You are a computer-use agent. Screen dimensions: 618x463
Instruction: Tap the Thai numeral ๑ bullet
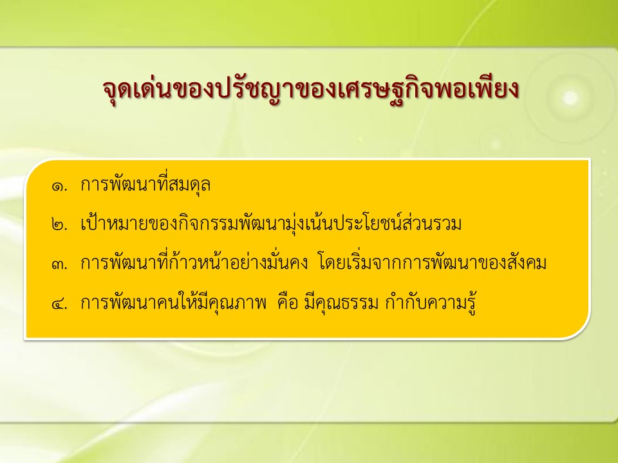(59, 186)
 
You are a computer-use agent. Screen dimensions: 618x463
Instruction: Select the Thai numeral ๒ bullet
(59, 225)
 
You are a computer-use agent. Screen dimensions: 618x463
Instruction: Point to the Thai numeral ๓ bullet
(59, 264)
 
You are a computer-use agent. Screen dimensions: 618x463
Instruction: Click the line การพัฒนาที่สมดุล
(145, 184)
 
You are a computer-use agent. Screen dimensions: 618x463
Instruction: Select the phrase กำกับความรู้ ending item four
(431, 303)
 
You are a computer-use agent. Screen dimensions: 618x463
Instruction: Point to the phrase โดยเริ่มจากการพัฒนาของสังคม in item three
(431, 262)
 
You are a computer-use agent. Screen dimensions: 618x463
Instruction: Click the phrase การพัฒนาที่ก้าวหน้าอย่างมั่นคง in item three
(194, 262)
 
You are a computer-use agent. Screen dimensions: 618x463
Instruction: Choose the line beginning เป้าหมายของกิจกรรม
(271, 223)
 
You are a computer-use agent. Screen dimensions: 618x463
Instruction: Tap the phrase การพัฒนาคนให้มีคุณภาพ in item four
(173, 303)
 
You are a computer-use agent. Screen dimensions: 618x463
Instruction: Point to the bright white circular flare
(570, 97)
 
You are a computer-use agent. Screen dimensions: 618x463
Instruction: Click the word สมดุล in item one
(189, 185)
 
